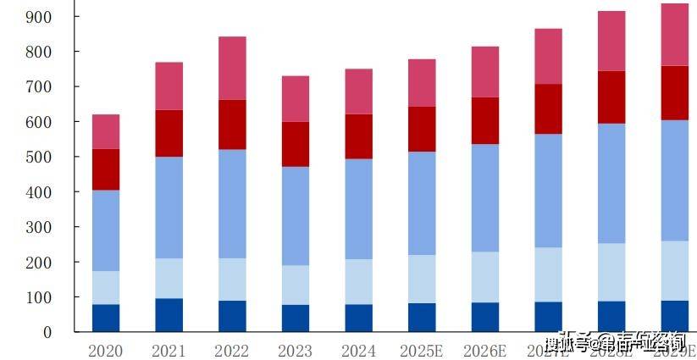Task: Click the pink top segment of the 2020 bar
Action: pos(106,131)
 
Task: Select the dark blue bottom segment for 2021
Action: pos(169,314)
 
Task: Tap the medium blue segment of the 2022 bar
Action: pos(232,203)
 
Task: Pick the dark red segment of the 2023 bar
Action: pos(296,144)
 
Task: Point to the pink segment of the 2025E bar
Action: pos(422,82)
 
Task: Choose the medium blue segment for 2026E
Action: pos(485,197)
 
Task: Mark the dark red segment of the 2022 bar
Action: pos(232,125)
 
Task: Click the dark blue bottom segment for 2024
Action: pos(358,318)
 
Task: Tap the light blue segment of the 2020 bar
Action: pos(106,287)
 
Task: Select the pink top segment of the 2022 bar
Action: pos(232,68)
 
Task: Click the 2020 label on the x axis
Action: pos(106,351)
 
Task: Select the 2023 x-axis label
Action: pos(296,351)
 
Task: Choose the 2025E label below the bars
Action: pos(422,351)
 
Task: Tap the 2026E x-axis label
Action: pos(485,351)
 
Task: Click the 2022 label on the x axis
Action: pos(232,351)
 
